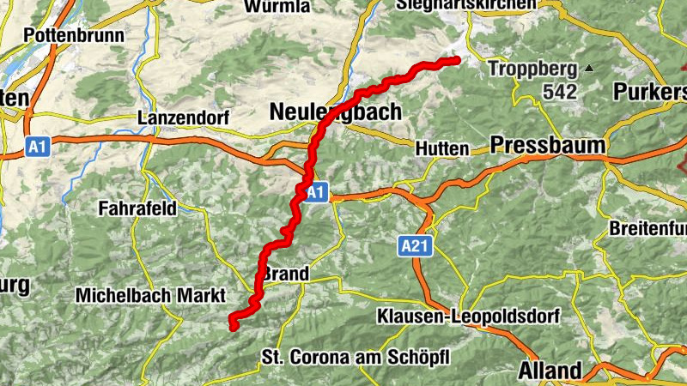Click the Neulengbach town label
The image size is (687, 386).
click(x=335, y=112)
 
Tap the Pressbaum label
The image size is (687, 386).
click(x=549, y=144)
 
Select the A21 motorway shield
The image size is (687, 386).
click(x=414, y=247)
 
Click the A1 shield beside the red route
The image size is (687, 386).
click(x=316, y=192)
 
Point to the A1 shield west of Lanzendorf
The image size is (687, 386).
click(x=35, y=148)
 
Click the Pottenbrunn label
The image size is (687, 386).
click(x=75, y=36)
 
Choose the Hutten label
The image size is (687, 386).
click(x=441, y=148)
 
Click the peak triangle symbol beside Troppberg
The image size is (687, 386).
click(x=589, y=68)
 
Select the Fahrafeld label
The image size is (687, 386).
click(x=137, y=208)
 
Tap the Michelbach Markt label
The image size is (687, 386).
click(x=150, y=294)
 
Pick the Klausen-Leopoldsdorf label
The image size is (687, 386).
click(x=468, y=317)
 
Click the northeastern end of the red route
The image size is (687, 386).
click(x=456, y=59)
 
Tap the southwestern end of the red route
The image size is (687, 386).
click(x=232, y=324)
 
